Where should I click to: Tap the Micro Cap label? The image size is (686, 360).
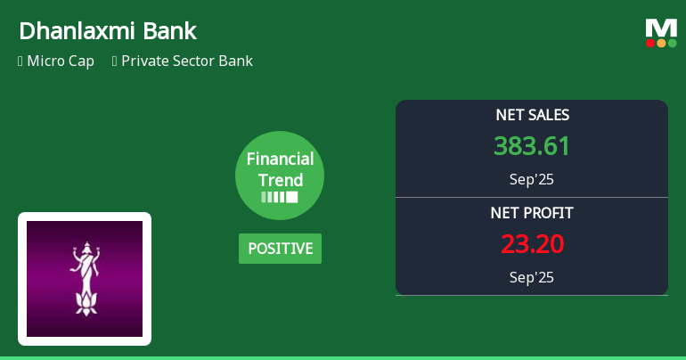pyautogui.click(x=61, y=61)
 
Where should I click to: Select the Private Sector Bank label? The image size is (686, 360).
pyautogui.click(x=187, y=61)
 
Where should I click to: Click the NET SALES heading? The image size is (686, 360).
pyautogui.click(x=532, y=115)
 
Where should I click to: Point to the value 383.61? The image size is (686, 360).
pyautogui.click(x=532, y=146)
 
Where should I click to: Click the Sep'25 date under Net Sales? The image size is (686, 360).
pyautogui.click(x=532, y=179)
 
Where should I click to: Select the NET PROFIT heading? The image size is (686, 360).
pyautogui.click(x=532, y=213)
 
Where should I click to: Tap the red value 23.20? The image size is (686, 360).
pyautogui.click(x=532, y=244)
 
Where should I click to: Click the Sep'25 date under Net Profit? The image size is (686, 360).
pyautogui.click(x=532, y=277)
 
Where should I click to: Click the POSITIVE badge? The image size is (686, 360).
pyautogui.click(x=280, y=249)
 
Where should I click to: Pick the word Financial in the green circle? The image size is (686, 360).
pyautogui.click(x=280, y=160)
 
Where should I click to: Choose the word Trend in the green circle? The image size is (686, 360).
pyautogui.click(x=280, y=180)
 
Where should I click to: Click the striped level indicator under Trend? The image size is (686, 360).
pyautogui.click(x=280, y=197)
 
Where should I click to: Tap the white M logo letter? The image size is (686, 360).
pyautogui.click(x=661, y=28)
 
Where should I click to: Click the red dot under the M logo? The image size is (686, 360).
pyautogui.click(x=650, y=43)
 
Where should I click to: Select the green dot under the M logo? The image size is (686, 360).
pyautogui.click(x=672, y=43)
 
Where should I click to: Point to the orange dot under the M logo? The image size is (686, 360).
pyautogui.click(x=661, y=43)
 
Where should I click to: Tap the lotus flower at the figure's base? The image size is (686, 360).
pyautogui.click(x=85, y=306)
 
